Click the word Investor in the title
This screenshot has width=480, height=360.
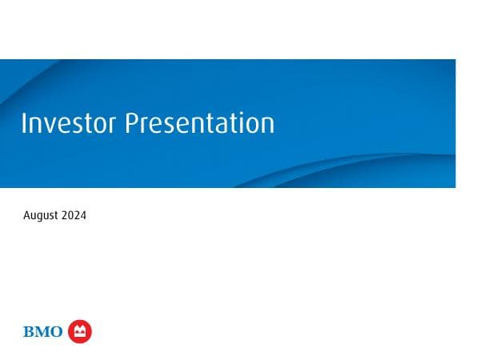68,123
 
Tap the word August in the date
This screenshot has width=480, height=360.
41,216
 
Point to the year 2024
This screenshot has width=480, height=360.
74,216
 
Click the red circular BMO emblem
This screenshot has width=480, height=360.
80,331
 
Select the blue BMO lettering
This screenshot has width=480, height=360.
43,332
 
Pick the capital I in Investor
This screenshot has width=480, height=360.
24,123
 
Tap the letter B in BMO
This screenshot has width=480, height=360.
30,332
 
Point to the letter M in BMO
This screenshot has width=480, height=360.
42,332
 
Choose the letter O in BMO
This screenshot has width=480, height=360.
56,332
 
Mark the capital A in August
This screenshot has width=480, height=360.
27,216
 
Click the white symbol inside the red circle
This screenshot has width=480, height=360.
80,330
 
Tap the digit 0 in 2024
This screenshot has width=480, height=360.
71,216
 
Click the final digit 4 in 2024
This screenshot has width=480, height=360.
83,216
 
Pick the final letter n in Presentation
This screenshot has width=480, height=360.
267,126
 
